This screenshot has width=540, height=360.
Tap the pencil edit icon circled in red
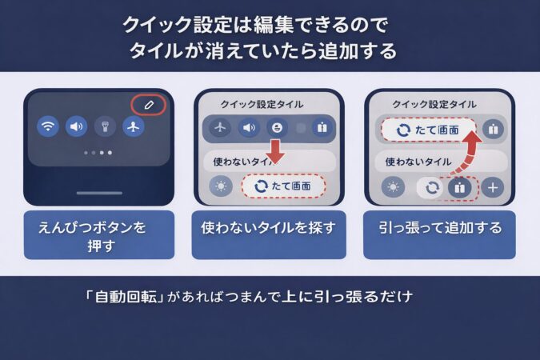(x=147, y=105)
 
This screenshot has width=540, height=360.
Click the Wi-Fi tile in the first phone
(x=49, y=126)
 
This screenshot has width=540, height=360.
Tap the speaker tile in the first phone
(x=77, y=126)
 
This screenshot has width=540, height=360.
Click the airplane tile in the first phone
(x=133, y=126)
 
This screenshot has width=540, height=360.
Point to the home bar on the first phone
(x=99, y=193)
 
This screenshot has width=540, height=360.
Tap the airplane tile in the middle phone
(x=220, y=126)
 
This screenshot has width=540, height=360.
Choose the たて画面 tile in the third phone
(x=428, y=128)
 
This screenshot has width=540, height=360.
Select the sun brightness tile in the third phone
(x=393, y=187)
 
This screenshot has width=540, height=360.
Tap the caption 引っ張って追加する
(x=440, y=229)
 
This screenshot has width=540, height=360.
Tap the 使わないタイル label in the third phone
(x=419, y=160)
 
